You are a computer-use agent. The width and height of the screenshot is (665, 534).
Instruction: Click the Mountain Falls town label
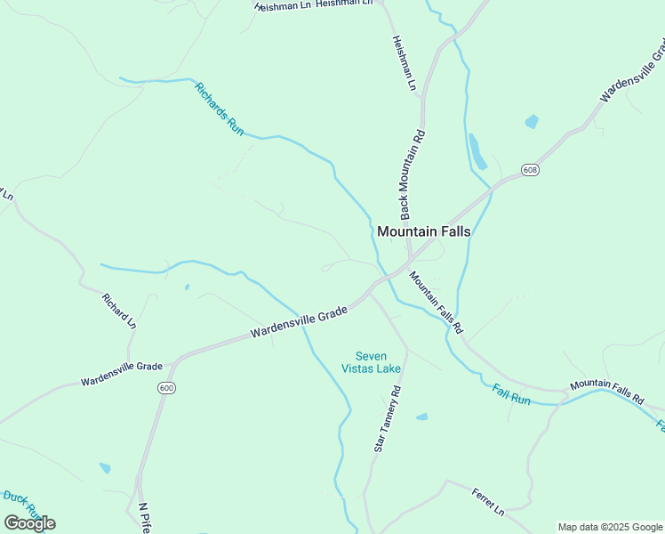click(x=423, y=231)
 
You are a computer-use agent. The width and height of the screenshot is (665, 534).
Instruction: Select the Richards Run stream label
click(x=219, y=109)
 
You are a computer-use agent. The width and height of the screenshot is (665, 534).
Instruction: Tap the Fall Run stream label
click(x=511, y=394)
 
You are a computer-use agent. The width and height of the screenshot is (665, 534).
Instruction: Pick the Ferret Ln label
click(x=488, y=501)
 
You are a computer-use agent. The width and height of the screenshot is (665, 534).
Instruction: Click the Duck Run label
click(x=20, y=503)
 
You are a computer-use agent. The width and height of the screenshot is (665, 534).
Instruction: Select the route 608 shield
click(x=530, y=169)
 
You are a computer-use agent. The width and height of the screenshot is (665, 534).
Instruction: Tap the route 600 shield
click(x=165, y=388)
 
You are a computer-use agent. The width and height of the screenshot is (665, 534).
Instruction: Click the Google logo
click(x=29, y=522)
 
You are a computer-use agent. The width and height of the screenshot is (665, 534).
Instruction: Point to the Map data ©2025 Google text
click(x=610, y=527)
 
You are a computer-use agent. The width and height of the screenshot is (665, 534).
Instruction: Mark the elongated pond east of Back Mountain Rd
click(x=477, y=151)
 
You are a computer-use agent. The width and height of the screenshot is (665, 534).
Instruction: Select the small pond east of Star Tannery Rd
click(x=421, y=417)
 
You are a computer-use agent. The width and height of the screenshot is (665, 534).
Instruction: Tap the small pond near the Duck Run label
click(x=105, y=468)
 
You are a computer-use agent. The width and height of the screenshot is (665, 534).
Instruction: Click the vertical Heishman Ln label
click(x=405, y=63)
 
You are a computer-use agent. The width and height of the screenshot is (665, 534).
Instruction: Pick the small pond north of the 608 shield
click(x=532, y=122)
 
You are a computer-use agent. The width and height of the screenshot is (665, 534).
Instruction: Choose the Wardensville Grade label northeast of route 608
click(x=632, y=71)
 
